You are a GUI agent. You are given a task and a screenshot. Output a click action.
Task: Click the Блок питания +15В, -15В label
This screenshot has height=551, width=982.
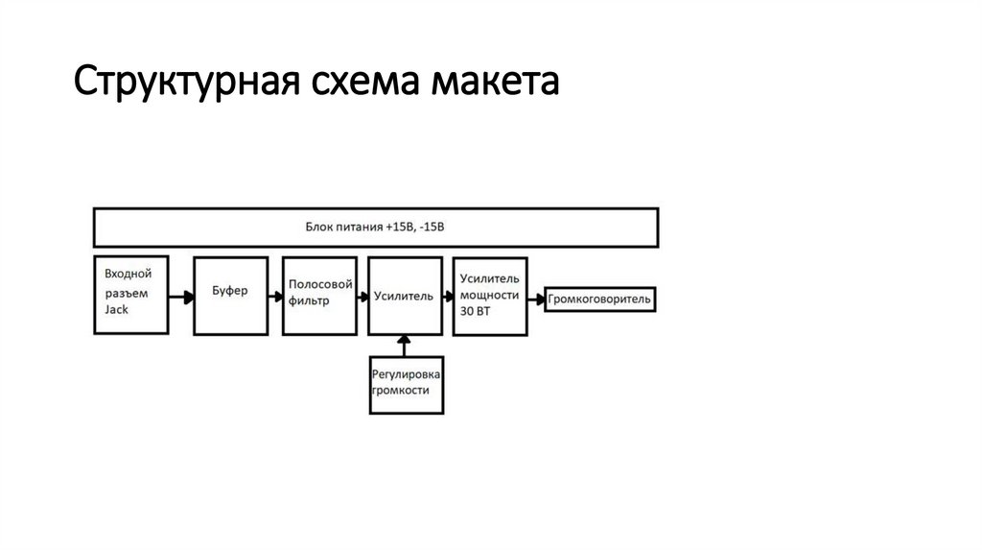(x=375, y=228)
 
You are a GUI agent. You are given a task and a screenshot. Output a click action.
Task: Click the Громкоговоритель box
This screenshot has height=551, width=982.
(x=600, y=299)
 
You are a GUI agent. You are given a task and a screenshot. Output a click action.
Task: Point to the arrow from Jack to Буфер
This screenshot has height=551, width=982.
(x=179, y=298)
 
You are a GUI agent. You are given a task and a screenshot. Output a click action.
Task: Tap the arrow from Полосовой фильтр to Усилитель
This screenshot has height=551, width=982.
(x=362, y=298)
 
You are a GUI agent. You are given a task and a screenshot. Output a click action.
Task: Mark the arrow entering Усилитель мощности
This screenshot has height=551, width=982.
(x=446, y=298)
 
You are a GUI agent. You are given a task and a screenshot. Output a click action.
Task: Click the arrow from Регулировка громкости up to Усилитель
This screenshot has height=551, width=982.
(x=406, y=345)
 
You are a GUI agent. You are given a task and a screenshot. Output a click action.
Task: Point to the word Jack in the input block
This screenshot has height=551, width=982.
(x=117, y=311)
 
